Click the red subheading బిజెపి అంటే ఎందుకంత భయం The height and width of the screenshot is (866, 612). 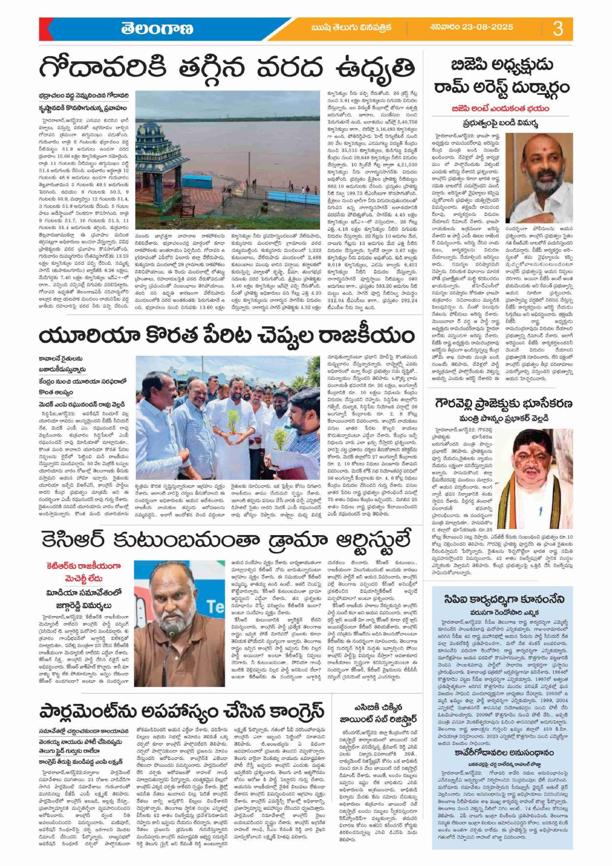pos(500,109)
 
